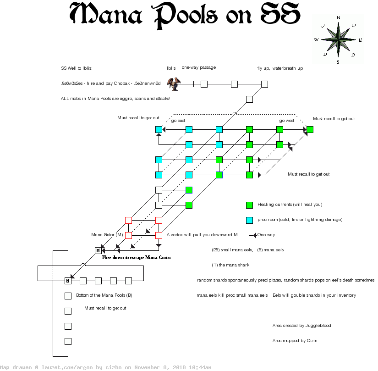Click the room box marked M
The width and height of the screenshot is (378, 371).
98,250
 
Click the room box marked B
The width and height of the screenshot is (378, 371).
68,281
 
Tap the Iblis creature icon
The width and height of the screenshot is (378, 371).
174,84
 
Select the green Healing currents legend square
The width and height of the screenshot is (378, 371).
250,205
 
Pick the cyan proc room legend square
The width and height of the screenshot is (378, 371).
250,220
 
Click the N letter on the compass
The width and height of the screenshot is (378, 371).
338,18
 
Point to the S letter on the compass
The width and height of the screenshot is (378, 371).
338,62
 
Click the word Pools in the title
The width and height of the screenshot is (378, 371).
185,15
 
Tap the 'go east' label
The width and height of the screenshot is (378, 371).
178,121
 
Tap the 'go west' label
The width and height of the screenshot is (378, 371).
287,121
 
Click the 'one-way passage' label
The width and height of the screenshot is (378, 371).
199,67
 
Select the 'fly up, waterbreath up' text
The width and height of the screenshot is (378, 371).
280,68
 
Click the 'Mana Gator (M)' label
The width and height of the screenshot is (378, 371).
107,235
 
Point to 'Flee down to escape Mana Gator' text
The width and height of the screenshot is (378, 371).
137,258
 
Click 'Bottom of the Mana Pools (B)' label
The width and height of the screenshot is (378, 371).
104,295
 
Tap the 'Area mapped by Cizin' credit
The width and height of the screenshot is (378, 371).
295,341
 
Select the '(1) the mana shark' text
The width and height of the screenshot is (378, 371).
230,265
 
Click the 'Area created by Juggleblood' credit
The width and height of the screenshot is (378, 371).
301,326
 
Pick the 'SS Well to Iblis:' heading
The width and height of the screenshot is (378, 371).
77,68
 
